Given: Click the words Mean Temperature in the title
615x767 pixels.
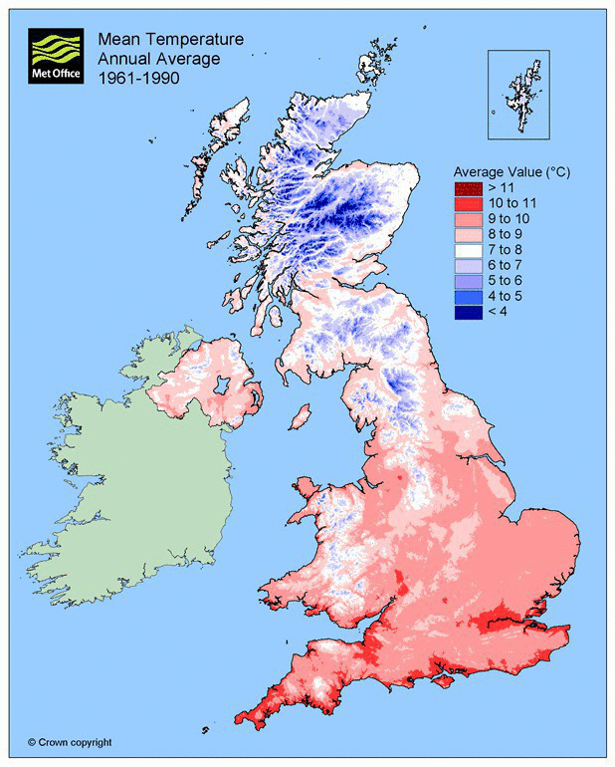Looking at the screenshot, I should (x=169, y=40).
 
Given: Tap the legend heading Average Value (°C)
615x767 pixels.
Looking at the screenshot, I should (x=512, y=171).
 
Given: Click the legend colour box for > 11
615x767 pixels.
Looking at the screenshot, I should (x=468, y=188).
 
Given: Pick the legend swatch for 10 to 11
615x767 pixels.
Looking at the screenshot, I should (x=468, y=204).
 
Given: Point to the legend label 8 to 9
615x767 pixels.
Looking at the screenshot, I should (x=504, y=235).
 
